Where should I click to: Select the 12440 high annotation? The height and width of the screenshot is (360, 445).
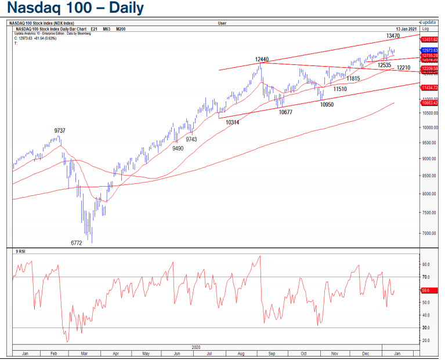[262, 60]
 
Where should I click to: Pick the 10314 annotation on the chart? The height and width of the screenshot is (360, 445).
[233, 123]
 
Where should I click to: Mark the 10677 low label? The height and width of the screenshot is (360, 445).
[285, 112]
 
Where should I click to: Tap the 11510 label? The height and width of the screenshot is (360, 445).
[339, 89]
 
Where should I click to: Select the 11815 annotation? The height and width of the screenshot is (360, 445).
[353, 78]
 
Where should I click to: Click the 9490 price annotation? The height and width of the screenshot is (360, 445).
[178, 148]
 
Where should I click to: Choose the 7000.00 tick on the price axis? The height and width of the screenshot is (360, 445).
[428, 233]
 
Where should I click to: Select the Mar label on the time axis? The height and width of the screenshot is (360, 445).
[85, 353]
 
